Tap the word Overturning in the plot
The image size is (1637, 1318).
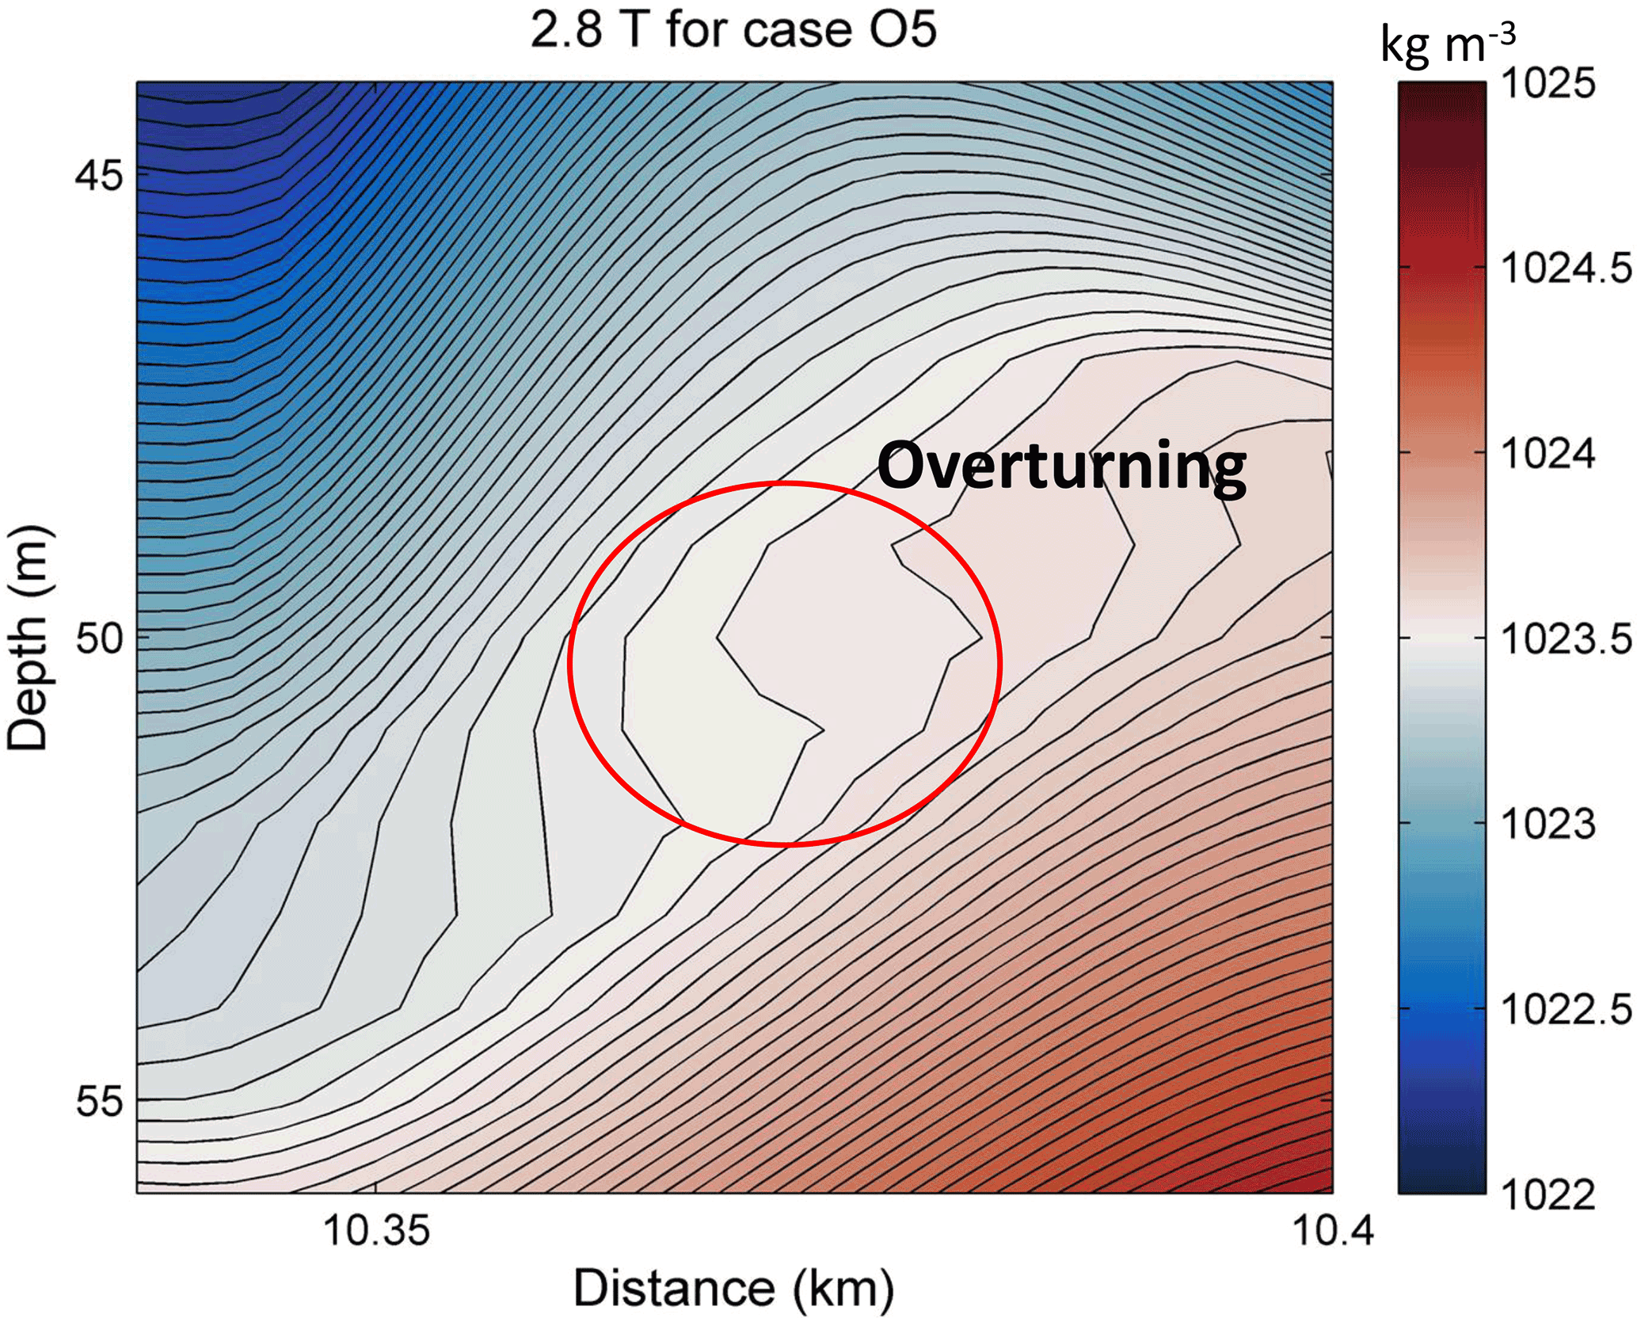(1061, 467)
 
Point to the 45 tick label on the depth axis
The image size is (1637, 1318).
(100, 175)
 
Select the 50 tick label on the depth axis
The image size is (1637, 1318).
(100, 638)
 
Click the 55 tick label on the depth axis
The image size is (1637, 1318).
(100, 1102)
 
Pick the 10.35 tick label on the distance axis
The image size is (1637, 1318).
(376, 1230)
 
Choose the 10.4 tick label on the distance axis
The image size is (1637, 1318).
(1333, 1230)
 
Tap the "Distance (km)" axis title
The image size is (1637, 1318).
(733, 1288)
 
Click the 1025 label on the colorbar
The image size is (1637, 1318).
(1548, 83)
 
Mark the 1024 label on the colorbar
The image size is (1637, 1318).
(1548, 454)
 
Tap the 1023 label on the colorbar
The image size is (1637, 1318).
(1548, 825)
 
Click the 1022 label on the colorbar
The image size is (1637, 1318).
(1548, 1194)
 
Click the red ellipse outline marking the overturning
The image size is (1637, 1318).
(569, 664)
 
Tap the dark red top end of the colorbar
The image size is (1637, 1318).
(1441, 95)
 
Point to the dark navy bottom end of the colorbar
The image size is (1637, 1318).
(1441, 1180)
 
